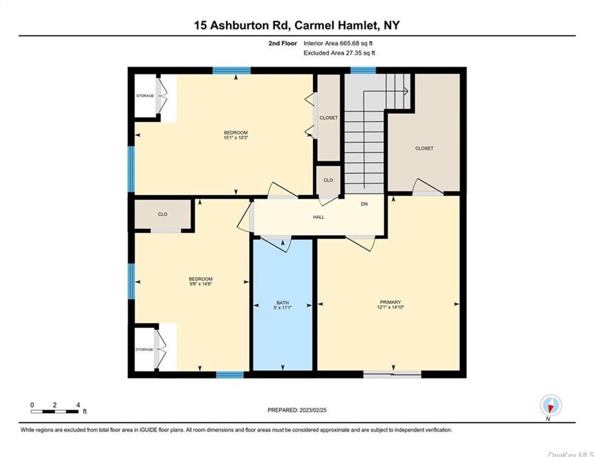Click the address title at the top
click(x=297, y=25)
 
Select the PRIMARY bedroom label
click(x=390, y=302)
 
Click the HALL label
click(x=319, y=217)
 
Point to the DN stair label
click(x=364, y=204)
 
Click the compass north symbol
click(x=551, y=405)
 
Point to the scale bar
click(x=55, y=411)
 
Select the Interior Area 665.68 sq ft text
click(x=342, y=43)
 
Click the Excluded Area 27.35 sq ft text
click(x=339, y=53)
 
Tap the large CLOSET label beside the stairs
click(x=424, y=148)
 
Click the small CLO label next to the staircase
click(x=328, y=180)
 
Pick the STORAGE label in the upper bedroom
click(x=144, y=96)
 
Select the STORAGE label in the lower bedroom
click(x=144, y=349)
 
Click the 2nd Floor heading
click(x=282, y=43)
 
